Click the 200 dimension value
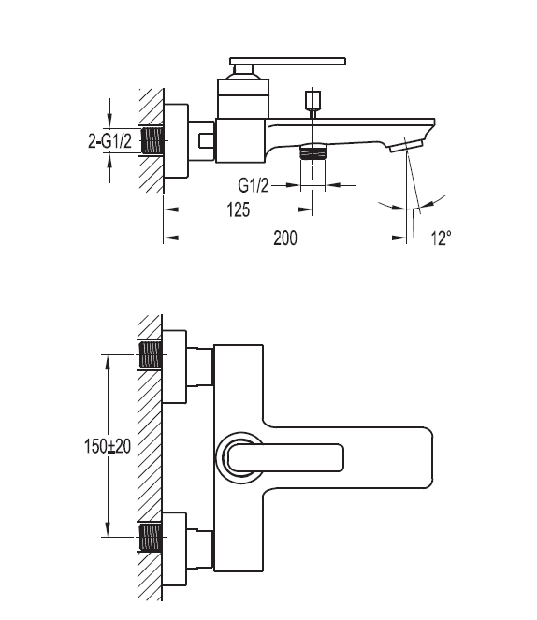[285, 238]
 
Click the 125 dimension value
[239, 209]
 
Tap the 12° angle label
[441, 238]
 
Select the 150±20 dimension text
[108, 446]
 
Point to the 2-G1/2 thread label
[109, 141]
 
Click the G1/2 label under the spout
[254, 184]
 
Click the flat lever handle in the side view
[288, 61]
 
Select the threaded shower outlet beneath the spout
[313, 151]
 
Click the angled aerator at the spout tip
[406, 146]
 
